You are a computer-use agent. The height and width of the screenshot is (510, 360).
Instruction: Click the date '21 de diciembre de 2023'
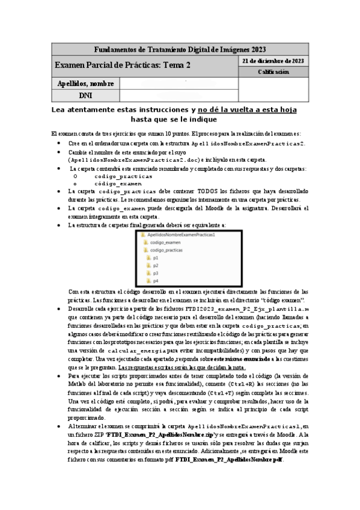(x=272, y=61)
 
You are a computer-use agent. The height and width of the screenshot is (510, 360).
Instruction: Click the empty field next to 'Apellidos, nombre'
(x=178, y=83)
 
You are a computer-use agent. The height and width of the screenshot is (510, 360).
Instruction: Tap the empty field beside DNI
(x=178, y=95)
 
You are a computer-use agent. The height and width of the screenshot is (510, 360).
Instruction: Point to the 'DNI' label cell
(x=86, y=95)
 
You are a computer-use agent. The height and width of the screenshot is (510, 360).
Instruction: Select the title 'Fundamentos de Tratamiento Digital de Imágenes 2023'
(x=181, y=49)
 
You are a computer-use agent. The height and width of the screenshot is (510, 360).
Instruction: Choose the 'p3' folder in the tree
(x=155, y=273)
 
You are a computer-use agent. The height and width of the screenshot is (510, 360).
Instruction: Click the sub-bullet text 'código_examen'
(x=118, y=183)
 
